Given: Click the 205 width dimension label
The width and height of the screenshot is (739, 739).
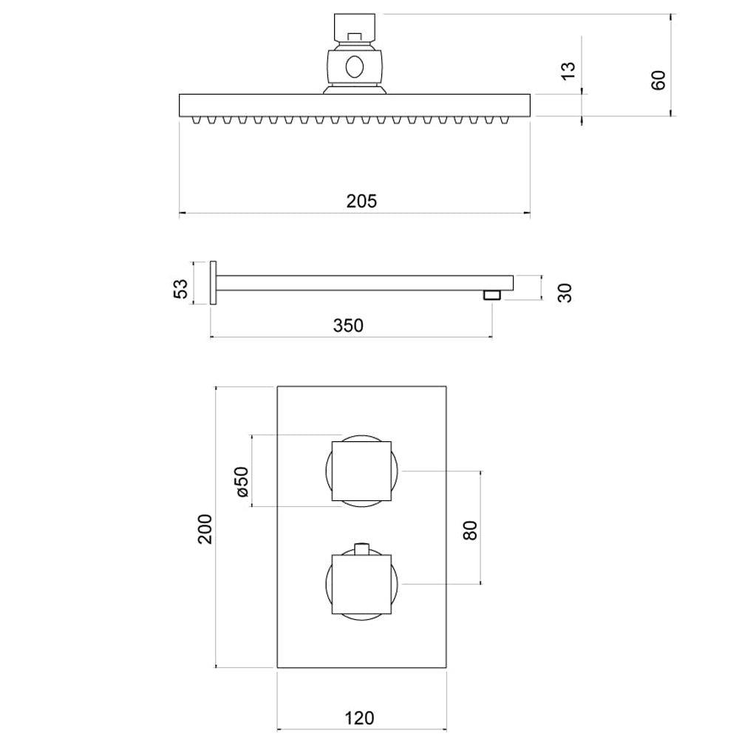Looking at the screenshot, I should [x=361, y=200].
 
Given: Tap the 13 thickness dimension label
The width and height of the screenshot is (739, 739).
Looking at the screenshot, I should [x=568, y=71].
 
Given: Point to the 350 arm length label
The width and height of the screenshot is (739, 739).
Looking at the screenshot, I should [x=348, y=324].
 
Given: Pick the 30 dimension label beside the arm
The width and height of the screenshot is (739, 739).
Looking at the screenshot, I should [x=565, y=292].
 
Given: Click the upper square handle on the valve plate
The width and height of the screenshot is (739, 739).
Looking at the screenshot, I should [x=361, y=471].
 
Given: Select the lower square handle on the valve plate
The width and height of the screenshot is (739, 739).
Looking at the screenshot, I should [x=361, y=584].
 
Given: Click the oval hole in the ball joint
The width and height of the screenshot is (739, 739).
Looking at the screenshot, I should [x=355, y=67].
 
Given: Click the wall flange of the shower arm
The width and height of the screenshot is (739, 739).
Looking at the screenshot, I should [x=214, y=283].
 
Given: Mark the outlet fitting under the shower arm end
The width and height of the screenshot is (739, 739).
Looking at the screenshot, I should [x=492, y=295].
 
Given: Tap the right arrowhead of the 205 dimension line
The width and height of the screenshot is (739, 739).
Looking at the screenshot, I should [x=527, y=214].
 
